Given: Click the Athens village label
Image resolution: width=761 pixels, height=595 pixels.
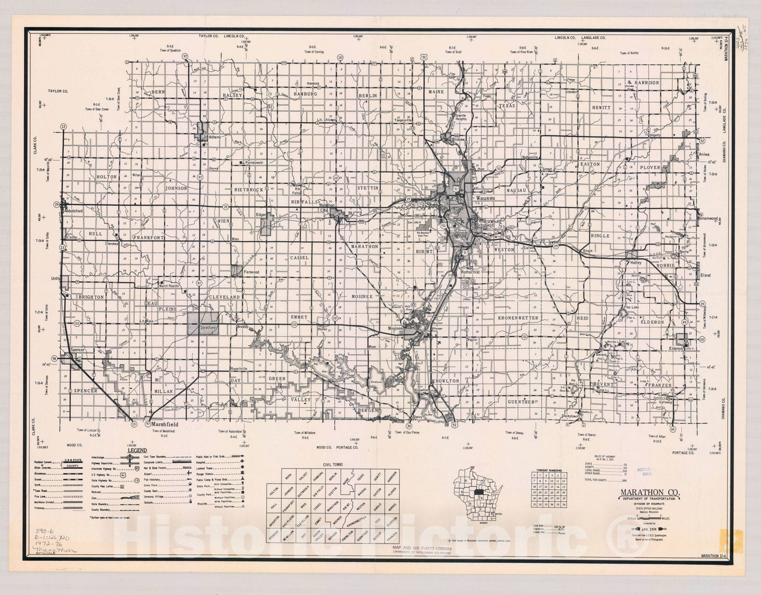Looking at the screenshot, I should (x=215, y=137).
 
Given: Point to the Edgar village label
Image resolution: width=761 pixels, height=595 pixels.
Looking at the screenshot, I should (x=261, y=215).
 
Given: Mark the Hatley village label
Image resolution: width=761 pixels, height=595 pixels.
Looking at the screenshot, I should (x=636, y=263).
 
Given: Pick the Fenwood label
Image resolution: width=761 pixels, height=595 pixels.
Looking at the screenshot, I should (x=251, y=272).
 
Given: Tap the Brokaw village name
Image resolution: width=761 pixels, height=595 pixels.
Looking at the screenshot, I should (x=458, y=140).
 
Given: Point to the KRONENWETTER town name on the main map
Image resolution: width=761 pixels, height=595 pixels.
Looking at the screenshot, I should (x=518, y=318).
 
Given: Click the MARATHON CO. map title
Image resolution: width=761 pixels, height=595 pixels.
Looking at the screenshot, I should (x=649, y=492).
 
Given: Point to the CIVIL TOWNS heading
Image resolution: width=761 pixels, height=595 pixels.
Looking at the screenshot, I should (x=332, y=465).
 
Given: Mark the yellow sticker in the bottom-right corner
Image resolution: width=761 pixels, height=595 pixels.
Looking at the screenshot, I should (x=731, y=540).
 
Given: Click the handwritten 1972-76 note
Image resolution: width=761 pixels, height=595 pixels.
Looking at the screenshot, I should (x=49, y=543).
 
